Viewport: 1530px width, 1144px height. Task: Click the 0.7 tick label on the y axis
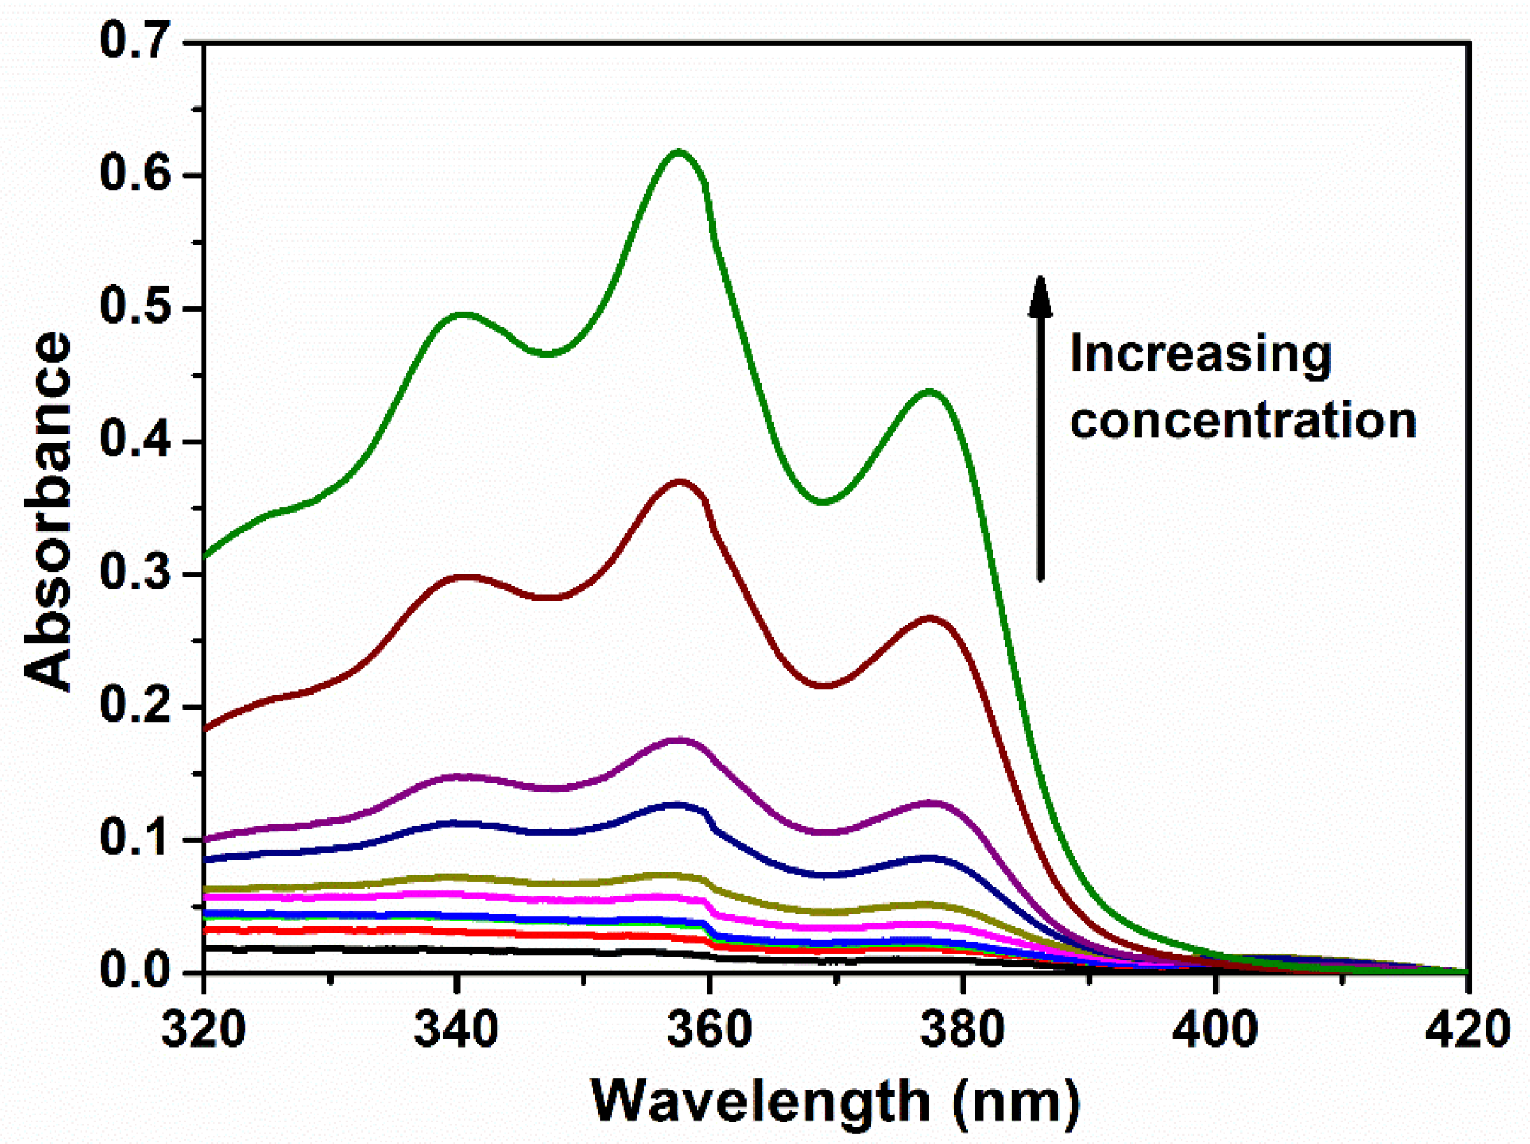135,41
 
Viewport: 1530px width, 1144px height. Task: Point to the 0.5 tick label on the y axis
135,308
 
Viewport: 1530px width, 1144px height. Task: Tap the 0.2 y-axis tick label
135,707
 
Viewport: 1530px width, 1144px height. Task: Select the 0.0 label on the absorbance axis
135,971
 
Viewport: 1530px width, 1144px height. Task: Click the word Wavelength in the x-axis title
760,1101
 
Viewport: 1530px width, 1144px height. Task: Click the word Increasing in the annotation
1200,354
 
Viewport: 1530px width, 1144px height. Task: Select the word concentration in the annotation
1243,420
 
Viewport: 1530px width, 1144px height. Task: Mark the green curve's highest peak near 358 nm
679,152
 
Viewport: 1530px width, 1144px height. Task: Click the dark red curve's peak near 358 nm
680,482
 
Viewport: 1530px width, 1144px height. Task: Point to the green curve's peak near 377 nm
930,391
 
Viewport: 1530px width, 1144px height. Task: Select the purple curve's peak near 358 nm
680,741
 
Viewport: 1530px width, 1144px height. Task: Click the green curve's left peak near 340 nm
463,315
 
